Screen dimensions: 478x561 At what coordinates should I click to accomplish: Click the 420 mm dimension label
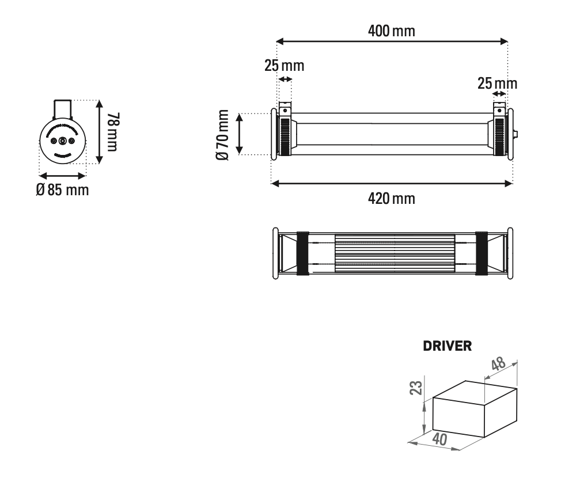point(392,199)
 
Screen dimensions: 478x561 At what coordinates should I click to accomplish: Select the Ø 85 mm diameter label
point(62,189)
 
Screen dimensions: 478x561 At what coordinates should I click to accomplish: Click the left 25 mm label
point(284,65)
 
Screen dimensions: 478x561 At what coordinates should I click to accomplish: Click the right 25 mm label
point(497,84)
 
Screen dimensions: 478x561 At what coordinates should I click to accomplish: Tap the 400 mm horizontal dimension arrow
point(392,41)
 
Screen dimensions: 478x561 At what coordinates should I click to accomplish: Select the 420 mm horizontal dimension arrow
point(392,184)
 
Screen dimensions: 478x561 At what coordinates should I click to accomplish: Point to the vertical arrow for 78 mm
point(100,132)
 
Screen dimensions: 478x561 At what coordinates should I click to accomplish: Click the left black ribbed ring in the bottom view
point(302,253)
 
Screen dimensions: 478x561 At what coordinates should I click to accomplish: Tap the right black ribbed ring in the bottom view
point(481,253)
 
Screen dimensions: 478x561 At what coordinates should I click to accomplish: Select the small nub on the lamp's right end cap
point(515,135)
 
